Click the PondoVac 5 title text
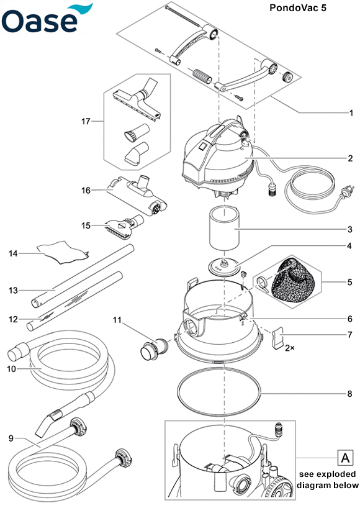coord(298,8)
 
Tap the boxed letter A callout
coord(345,458)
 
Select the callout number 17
coord(86,121)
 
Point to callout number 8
coord(349,394)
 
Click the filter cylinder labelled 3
coord(223,229)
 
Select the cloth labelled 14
coord(63,252)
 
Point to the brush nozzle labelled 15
coord(124,226)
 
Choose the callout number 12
coord(13,319)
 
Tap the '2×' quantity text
coord(290,348)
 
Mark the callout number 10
coord(11,369)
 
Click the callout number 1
coord(351,113)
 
